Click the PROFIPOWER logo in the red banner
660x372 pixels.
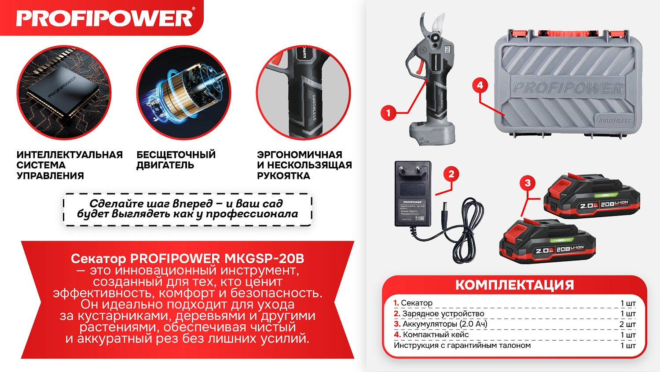[105, 18]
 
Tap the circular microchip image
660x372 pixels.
[64, 93]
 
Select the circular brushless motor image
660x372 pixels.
[184, 93]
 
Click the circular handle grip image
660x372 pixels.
[304, 93]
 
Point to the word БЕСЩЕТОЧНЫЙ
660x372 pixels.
[176, 155]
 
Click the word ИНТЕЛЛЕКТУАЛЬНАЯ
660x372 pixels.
[70, 155]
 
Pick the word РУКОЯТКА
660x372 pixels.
[283, 176]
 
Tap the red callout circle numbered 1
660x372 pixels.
[388, 113]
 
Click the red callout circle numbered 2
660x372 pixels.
[451, 174]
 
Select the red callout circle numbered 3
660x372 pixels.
[528, 183]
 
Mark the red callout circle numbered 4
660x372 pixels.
[480, 85]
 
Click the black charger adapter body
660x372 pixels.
[412, 194]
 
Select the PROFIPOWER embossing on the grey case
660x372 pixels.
[568, 88]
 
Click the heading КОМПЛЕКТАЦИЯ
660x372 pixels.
[514, 285]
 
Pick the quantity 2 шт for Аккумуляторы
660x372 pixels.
[627, 324]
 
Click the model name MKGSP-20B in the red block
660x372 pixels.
[264, 258]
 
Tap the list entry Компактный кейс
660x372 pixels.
[436, 335]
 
